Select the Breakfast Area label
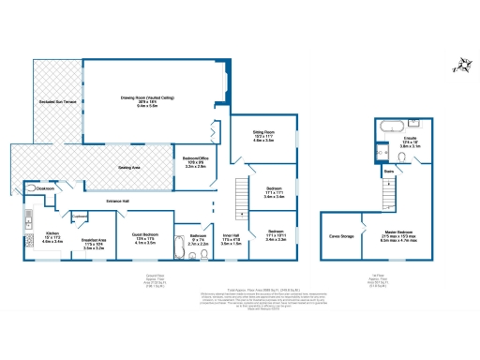[93, 243]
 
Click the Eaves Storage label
[340, 236]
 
